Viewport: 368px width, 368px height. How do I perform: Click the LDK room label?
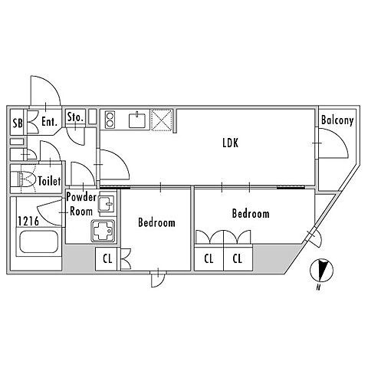click(231, 143)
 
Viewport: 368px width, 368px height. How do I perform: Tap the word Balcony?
click(337, 120)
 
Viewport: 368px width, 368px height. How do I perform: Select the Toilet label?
click(49, 181)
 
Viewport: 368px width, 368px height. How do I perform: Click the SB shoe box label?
click(18, 123)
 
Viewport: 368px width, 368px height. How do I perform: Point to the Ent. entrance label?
click(49, 122)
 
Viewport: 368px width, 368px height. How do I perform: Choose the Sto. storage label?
click(75, 117)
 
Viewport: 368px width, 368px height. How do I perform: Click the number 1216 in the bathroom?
click(28, 222)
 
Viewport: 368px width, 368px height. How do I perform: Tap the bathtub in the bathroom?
click(39, 242)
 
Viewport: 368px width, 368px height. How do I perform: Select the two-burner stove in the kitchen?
click(110, 120)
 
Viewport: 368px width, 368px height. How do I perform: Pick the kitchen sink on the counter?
click(137, 120)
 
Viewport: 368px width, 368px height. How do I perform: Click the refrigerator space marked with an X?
click(162, 120)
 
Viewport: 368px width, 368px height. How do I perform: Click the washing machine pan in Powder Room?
click(103, 231)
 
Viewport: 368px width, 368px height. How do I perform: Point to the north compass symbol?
click(321, 271)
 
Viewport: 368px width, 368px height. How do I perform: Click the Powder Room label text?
click(81, 204)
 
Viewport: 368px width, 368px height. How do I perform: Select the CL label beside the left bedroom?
click(107, 259)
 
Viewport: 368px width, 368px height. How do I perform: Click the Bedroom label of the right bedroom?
click(251, 214)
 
